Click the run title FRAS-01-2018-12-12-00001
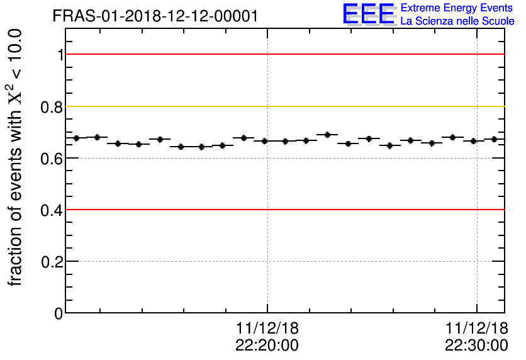[x=155, y=16]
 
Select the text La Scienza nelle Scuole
[x=457, y=21]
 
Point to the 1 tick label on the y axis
[x=60, y=55]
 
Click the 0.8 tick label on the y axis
[x=53, y=106]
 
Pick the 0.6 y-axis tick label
[x=53, y=158]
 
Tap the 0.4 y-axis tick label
[x=53, y=210]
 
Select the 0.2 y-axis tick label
[x=53, y=261]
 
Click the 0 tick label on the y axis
[x=59, y=313]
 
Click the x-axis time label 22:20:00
[x=267, y=345]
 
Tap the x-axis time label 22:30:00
[x=476, y=345]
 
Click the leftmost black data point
[x=76, y=138]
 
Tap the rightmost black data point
[x=495, y=139]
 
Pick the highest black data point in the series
[x=327, y=135]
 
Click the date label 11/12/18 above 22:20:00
[x=267, y=328]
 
